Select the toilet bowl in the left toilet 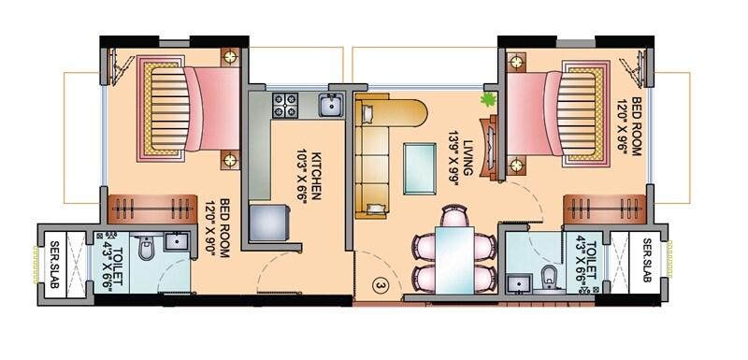(x=145, y=249)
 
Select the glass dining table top (x=454, y=253)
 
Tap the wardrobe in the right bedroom (x=604, y=207)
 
